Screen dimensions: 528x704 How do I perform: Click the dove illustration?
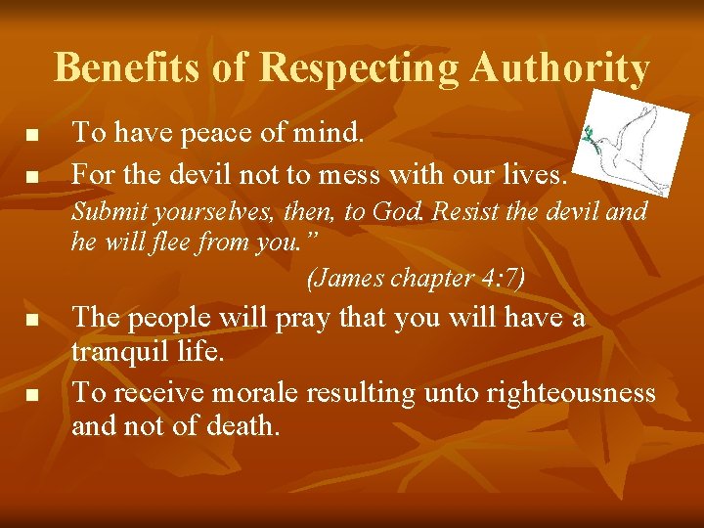click(628, 142)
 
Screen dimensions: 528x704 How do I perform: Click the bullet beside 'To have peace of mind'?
click(32, 133)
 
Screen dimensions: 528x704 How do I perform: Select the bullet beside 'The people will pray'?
click(32, 320)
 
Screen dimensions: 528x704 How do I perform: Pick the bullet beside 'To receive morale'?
click(32, 395)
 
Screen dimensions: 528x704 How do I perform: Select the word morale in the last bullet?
click(254, 392)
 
